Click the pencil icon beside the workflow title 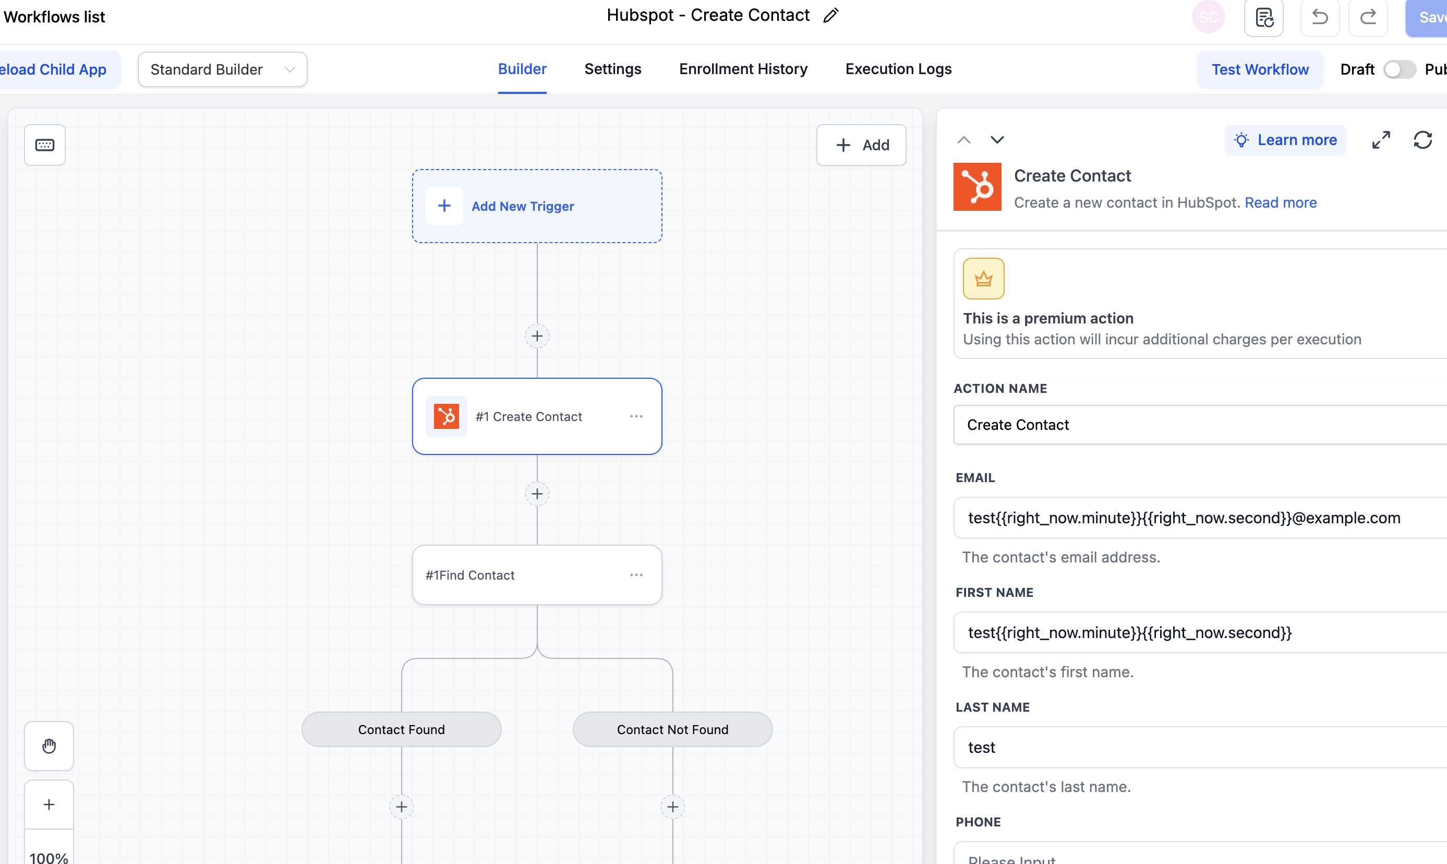pyautogui.click(x=830, y=16)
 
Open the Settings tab pyautogui.click(x=612, y=69)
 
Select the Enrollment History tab pyautogui.click(x=743, y=69)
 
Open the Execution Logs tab pyautogui.click(x=898, y=69)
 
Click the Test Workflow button pyautogui.click(x=1260, y=70)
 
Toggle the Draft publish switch pyautogui.click(x=1400, y=70)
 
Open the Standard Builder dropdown pyautogui.click(x=222, y=70)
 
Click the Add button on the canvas pyautogui.click(x=861, y=145)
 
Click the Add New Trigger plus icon pyautogui.click(x=444, y=206)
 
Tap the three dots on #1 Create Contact pyautogui.click(x=636, y=416)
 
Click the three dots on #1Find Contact pyautogui.click(x=636, y=574)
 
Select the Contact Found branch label pyautogui.click(x=402, y=729)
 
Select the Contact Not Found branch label pyautogui.click(x=672, y=729)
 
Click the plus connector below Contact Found pyautogui.click(x=402, y=807)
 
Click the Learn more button pyautogui.click(x=1285, y=140)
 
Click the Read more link pyautogui.click(x=1281, y=202)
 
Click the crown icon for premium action pyautogui.click(x=983, y=279)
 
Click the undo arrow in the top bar pyautogui.click(x=1320, y=17)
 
